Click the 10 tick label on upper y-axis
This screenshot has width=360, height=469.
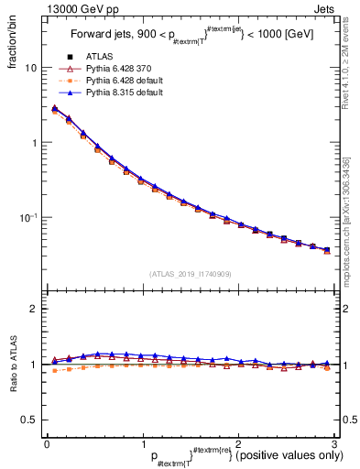pos(30,69)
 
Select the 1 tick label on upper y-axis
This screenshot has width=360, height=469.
pos(33,143)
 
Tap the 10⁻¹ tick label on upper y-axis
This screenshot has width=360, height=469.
pos(28,217)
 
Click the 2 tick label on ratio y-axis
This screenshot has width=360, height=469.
pos(33,309)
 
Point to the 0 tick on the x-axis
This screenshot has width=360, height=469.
pos(47,444)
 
